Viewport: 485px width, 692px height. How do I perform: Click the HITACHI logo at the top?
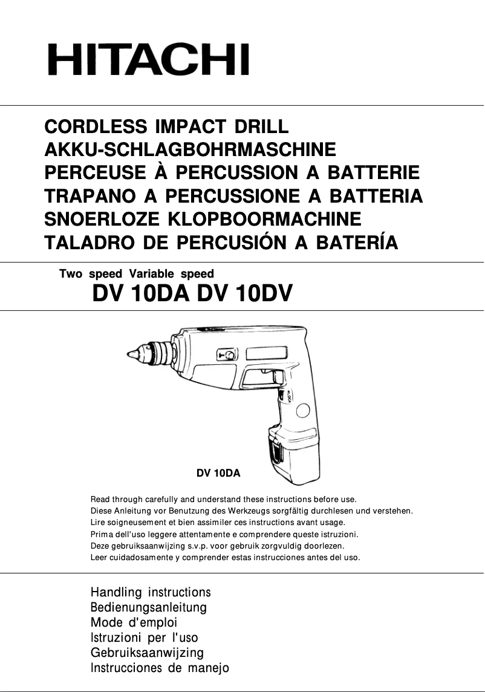click(x=148, y=60)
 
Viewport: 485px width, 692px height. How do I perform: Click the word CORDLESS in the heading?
click(x=96, y=128)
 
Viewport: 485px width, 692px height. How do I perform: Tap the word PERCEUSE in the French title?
click(x=95, y=174)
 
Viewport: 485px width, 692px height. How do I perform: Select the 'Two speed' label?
click(x=91, y=274)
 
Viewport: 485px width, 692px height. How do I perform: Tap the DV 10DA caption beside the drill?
click(x=218, y=474)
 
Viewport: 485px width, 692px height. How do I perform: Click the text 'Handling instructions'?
click(x=150, y=592)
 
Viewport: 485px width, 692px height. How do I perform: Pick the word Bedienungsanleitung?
click(x=148, y=607)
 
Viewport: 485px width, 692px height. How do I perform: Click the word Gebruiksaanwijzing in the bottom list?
click(x=147, y=653)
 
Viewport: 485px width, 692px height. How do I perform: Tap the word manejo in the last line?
click(x=207, y=668)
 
